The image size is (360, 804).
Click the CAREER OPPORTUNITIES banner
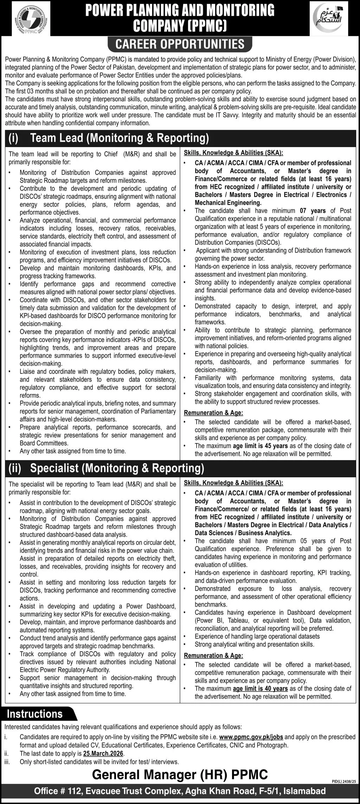pos(180,44)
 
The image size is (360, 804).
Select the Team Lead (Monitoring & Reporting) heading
pos(120,138)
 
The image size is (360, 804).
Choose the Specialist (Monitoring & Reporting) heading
pos(117,468)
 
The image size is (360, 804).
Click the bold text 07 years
pos(308,211)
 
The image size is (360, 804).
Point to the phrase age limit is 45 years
pos(260,446)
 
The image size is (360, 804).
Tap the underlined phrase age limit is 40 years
pos(260,689)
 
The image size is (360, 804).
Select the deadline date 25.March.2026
pos(104,754)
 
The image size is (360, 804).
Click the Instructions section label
pos(35,714)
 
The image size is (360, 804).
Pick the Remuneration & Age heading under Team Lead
pos(213,413)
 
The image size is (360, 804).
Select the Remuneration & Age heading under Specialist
pos(213,656)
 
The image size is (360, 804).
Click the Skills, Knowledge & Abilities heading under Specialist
pos(233,483)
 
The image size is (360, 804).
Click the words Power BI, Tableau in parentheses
pos(222,620)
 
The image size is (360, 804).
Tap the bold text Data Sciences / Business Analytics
pos(243,533)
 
